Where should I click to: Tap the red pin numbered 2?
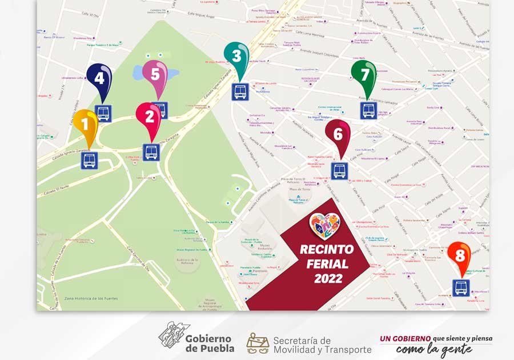(x=150, y=117)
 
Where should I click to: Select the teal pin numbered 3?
(x=236, y=57)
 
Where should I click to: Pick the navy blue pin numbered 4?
(x=99, y=78)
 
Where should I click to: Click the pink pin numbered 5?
(x=155, y=75)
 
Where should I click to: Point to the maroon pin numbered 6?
(x=338, y=134)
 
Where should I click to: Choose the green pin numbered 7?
(x=364, y=75)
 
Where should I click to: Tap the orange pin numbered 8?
(x=459, y=255)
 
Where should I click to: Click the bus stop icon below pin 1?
(x=89, y=161)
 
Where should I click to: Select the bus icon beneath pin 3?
(x=240, y=92)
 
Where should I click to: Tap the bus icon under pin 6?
(x=339, y=170)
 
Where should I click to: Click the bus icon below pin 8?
(x=461, y=288)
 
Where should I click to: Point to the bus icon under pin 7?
(x=368, y=110)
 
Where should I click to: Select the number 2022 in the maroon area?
(x=328, y=279)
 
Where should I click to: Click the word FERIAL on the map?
(x=327, y=264)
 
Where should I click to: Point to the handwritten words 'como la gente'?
(x=434, y=349)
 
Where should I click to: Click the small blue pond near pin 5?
(x=140, y=73)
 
